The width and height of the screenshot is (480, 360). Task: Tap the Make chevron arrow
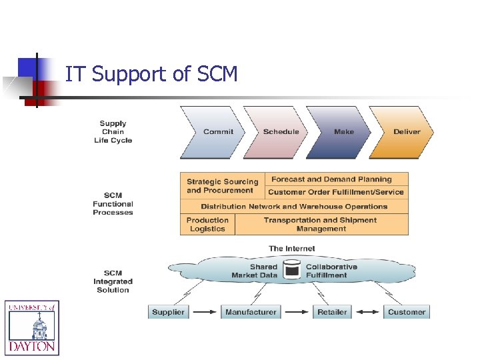pos(343,132)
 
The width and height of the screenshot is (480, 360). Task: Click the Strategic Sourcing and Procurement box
pos(222,186)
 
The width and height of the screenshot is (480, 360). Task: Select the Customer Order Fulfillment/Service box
pos(336,192)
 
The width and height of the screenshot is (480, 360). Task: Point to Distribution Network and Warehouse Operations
pos(294,207)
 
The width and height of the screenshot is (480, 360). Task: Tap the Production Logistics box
pos(207,225)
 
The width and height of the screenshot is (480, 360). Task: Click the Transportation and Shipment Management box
pos(321,225)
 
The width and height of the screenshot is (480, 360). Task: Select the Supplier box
pos(168,312)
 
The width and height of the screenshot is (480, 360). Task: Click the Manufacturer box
pos(251,312)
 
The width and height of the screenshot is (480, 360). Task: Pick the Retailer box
pos(332,312)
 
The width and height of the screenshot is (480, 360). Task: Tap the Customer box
pos(407,312)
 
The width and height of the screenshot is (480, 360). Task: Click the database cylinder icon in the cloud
pos(292,270)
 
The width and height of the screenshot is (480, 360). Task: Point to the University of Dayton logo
pos(32,327)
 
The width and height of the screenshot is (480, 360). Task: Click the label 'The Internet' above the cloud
pos(291,249)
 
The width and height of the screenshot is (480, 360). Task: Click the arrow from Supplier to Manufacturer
pos(204,312)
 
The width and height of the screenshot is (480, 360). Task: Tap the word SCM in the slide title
pos(217,75)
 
